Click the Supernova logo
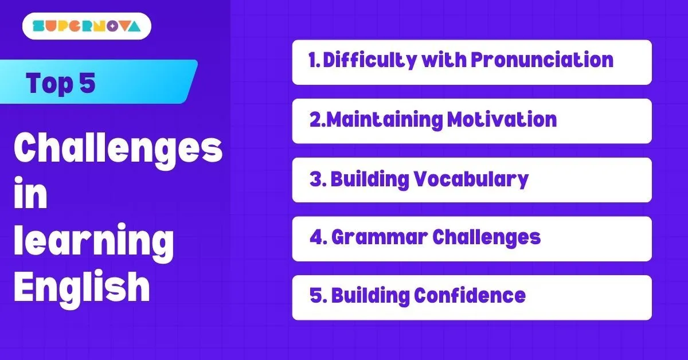87,26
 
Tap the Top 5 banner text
61,84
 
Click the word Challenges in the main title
118,150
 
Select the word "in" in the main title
30,194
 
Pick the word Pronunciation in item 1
542,60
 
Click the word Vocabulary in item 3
471,179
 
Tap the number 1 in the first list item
312,60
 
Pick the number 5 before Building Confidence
315,296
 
